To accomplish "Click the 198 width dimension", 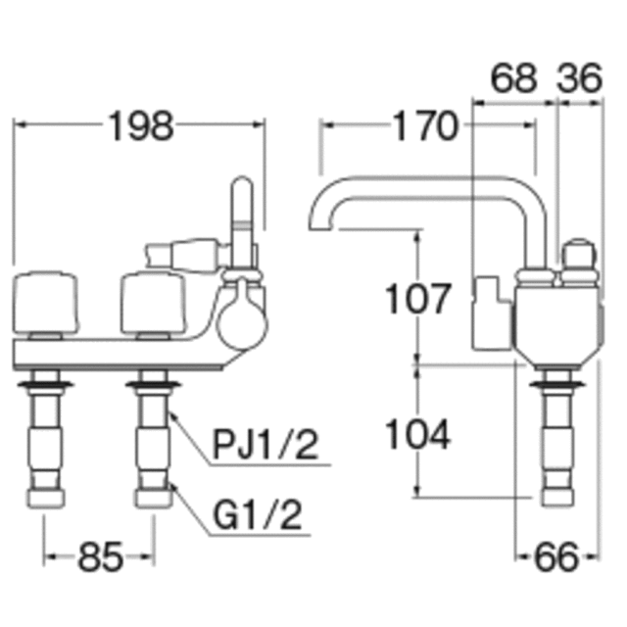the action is [141, 126].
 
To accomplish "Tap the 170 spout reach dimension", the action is [425, 126].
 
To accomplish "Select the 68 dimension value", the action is [513, 78].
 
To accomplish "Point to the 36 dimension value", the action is [579, 78].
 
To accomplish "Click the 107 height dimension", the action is [418, 298].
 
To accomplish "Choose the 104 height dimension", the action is [418, 433].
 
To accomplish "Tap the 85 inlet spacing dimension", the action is [100, 557].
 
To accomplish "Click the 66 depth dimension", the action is [556, 557].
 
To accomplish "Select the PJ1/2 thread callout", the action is [265, 444].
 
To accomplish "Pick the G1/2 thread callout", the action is [258, 514].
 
